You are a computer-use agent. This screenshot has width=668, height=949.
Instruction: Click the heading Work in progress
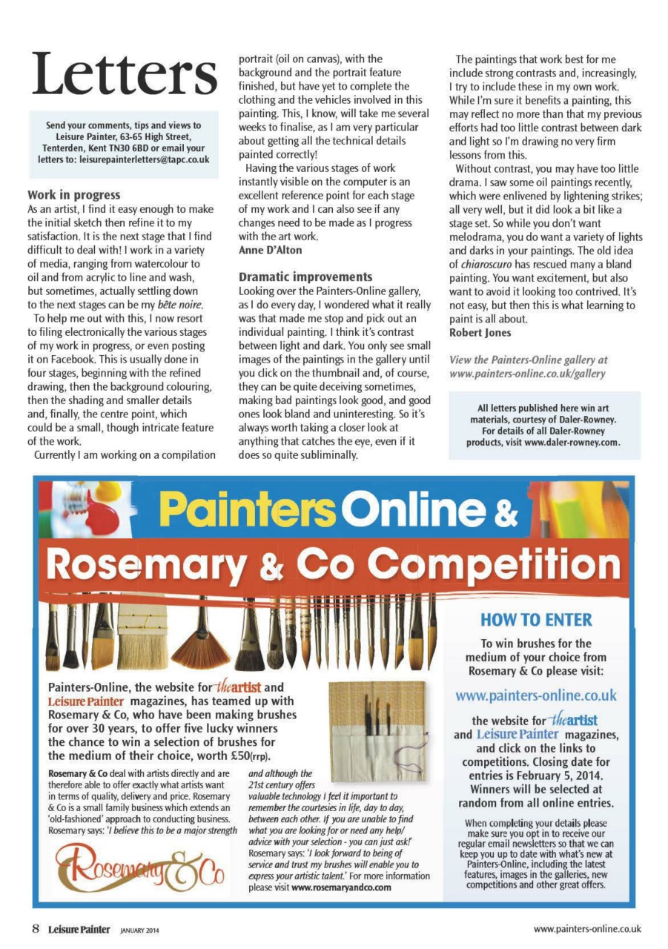(73, 196)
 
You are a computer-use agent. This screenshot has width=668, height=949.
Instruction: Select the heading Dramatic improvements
(305, 277)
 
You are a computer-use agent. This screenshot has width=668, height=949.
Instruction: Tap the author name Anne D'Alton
(270, 251)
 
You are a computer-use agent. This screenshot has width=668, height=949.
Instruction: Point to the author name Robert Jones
(480, 332)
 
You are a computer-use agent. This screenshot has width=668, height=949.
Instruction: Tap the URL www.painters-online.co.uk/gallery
(528, 373)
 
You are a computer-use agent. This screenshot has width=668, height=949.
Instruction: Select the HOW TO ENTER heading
(536, 619)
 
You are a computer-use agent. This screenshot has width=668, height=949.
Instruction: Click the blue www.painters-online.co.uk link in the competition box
(536, 695)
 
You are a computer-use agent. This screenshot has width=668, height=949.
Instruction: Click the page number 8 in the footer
(35, 928)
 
